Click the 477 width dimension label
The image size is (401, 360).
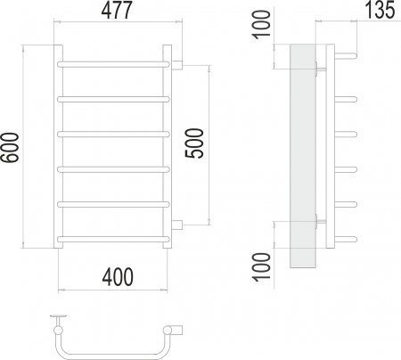pos(117,11)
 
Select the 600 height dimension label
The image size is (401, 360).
pos(10,148)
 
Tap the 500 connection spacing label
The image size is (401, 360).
pos(194,143)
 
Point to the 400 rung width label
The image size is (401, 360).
pos(118,277)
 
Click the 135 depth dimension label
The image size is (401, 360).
pos(380,10)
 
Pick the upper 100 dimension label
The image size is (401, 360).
pos(262,24)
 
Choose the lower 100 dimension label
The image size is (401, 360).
pos(262,266)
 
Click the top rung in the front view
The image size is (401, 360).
pos(113,64)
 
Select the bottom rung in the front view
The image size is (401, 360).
pos(113,239)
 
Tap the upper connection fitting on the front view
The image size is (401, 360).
pos(177,65)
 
